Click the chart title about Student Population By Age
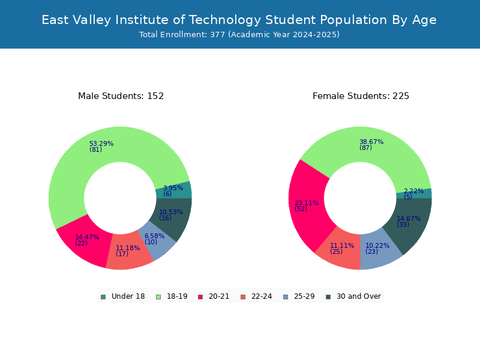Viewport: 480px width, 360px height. [x=239, y=20]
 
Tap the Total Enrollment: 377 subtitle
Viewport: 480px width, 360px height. [x=239, y=34]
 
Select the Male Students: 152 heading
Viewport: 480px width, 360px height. [x=121, y=96]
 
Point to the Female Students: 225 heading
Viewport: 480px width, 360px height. [x=361, y=96]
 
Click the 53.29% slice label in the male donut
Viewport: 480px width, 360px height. [x=101, y=146]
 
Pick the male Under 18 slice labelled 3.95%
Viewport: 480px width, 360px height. [x=174, y=190]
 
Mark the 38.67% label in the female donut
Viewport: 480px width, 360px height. [x=371, y=145]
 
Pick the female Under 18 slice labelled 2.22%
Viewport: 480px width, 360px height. [x=414, y=193]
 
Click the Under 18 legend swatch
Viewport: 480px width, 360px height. [x=103, y=297]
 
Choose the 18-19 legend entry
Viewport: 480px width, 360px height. [x=172, y=296]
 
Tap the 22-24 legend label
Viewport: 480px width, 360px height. [x=262, y=296]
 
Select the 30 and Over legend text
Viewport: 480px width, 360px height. [x=359, y=296]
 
